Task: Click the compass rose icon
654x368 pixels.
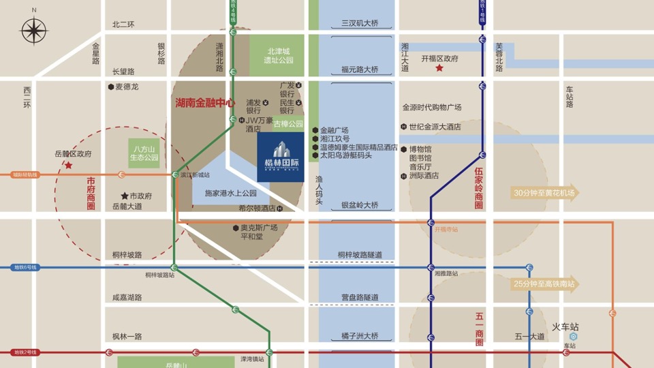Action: pyautogui.click(x=33, y=31)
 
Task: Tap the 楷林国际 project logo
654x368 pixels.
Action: pyautogui.click(x=281, y=156)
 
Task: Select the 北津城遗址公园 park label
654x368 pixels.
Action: pyautogui.click(x=279, y=55)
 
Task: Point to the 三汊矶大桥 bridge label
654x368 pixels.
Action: pyautogui.click(x=359, y=23)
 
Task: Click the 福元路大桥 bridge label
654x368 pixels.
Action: pyautogui.click(x=359, y=70)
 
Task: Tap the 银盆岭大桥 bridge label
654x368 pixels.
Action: pyautogui.click(x=359, y=205)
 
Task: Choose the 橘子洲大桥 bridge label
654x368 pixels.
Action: pyautogui.click(x=359, y=336)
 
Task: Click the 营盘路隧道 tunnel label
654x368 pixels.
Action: pyautogui.click(x=359, y=298)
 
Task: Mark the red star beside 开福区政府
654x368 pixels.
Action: pyautogui.click(x=439, y=68)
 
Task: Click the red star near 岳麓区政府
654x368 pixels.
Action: pyautogui.click(x=68, y=166)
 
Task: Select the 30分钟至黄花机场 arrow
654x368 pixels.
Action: pyautogui.click(x=545, y=193)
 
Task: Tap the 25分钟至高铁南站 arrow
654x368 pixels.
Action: pyautogui.click(x=545, y=283)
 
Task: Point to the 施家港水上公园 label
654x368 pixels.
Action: pyautogui.click(x=230, y=194)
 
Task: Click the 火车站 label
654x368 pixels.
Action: pyautogui.click(x=565, y=326)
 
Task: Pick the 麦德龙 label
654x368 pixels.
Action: pyautogui.click(x=126, y=87)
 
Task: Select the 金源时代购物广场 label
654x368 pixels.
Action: pyautogui.click(x=431, y=108)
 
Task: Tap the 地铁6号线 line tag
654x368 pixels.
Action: pyautogui.click(x=25, y=268)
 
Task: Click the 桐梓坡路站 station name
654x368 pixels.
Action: pyautogui.click(x=159, y=275)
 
